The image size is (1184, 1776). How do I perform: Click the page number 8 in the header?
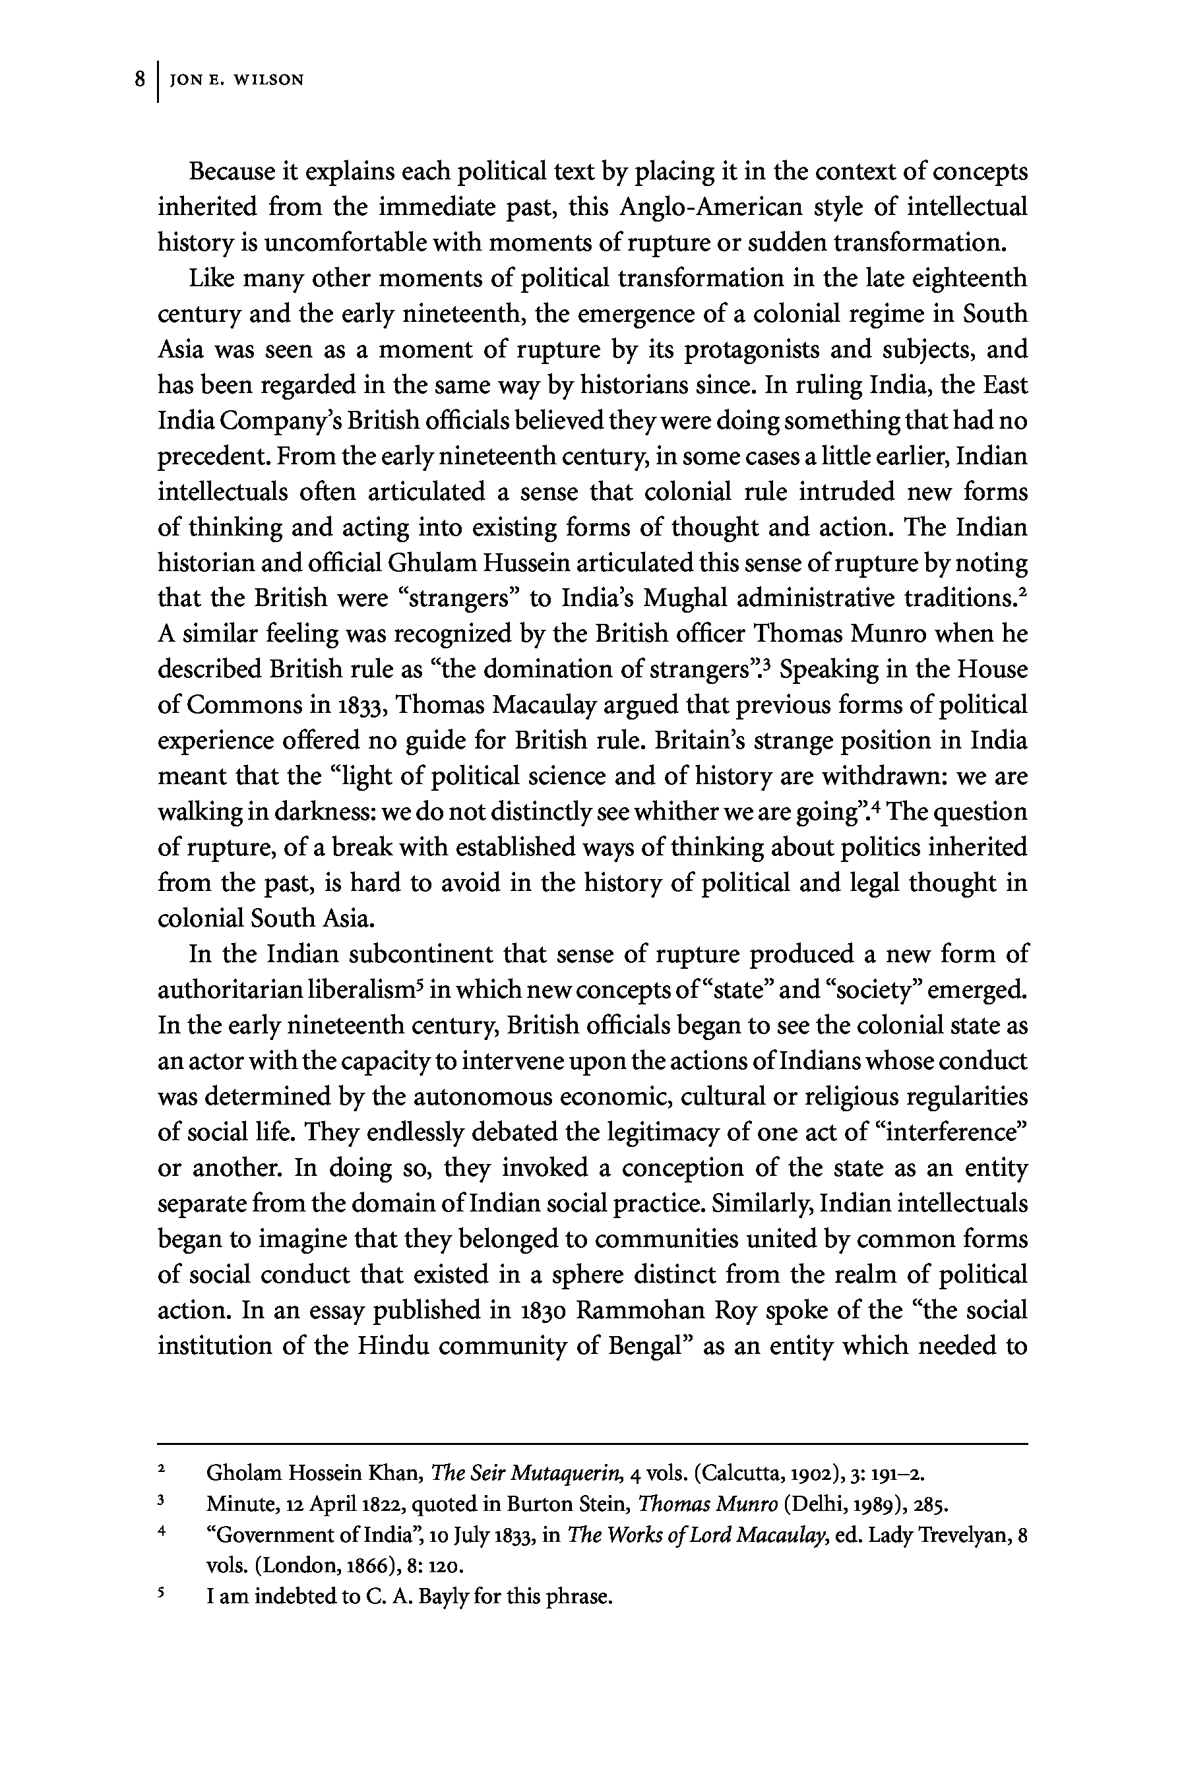[x=140, y=79]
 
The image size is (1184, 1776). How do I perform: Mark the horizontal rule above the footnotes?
[x=592, y=1444]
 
